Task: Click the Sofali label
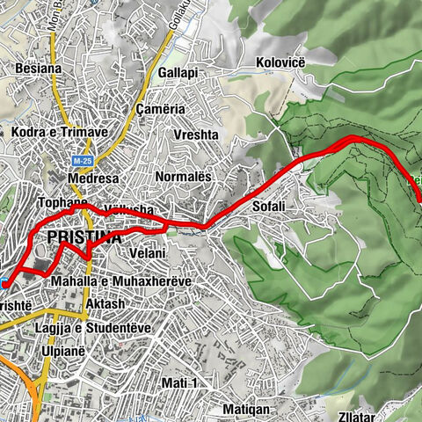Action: [269, 206]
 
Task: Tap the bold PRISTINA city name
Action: [84, 238]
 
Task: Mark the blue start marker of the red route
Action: [5, 283]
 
